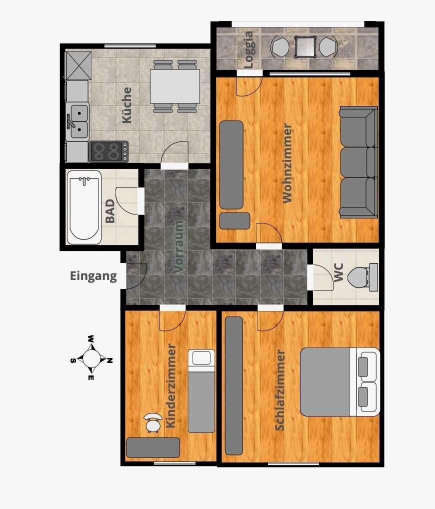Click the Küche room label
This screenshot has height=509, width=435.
tap(126, 105)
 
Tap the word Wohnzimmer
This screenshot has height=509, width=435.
tap(287, 163)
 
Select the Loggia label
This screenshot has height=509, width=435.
tap(248, 49)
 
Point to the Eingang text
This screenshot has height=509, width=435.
tap(93, 276)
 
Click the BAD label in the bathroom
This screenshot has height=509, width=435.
tap(110, 211)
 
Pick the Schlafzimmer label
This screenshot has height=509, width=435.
tap(279, 390)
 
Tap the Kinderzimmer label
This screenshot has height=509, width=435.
tap(171, 385)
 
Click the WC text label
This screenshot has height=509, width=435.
tap(338, 272)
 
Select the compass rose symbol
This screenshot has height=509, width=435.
tap(91, 358)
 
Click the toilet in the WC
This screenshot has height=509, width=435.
tap(362, 277)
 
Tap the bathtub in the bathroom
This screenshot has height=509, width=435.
tap(84, 207)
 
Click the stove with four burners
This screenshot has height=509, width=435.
tap(109, 151)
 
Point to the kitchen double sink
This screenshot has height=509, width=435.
tap(77, 121)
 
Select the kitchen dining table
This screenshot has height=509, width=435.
tap(174, 86)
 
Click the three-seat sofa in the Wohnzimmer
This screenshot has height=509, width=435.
tap(358, 162)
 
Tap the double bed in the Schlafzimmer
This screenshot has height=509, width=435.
tap(340, 382)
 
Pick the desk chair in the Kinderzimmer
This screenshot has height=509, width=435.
tap(153, 423)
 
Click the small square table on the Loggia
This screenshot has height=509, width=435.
tap(305, 47)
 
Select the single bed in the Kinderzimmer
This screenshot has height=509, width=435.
tap(201, 391)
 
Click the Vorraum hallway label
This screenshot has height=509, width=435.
tap(179, 246)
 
